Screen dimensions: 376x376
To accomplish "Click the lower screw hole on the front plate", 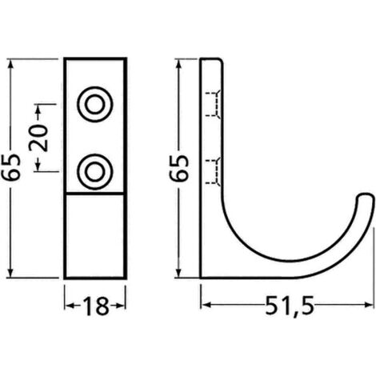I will click(x=95, y=169).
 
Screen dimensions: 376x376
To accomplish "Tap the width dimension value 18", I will click(x=95, y=306).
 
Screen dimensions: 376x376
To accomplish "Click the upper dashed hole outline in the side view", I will click(x=213, y=103).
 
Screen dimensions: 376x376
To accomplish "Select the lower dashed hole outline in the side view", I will click(x=213, y=170).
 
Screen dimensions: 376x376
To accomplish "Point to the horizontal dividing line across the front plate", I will click(x=95, y=194).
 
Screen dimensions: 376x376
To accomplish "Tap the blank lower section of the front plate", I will click(x=95, y=236).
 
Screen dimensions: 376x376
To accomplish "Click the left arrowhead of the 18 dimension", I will click(x=67, y=306).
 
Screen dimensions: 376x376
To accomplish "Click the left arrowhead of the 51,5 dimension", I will click(x=203, y=306).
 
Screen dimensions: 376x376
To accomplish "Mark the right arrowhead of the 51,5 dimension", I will click(x=370, y=306).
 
